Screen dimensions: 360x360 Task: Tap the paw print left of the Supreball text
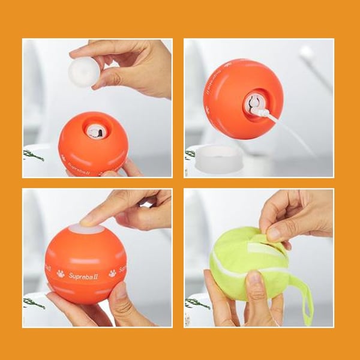(61, 274)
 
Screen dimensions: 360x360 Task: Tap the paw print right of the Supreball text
(112, 273)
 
